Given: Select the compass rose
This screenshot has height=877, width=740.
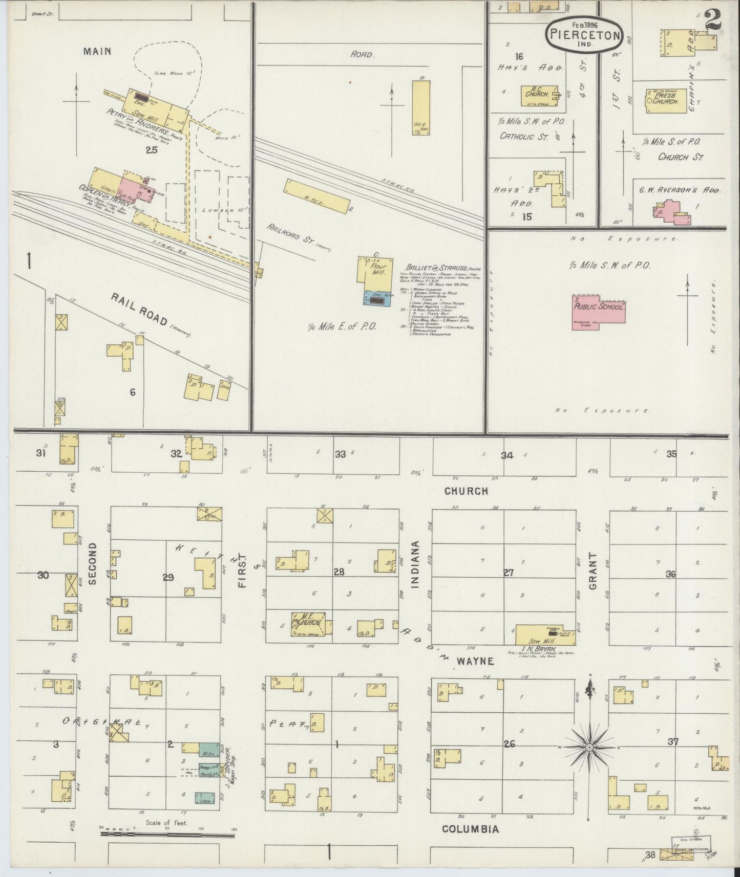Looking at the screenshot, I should click(x=589, y=748).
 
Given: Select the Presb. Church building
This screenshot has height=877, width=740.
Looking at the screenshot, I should click(x=666, y=101).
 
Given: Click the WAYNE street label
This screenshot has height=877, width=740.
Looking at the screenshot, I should click(x=475, y=661).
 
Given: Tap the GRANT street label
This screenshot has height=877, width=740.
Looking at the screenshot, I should click(x=594, y=571).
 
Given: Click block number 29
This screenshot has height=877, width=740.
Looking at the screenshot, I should click(x=168, y=577).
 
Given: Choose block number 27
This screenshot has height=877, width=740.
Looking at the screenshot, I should click(x=508, y=573).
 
